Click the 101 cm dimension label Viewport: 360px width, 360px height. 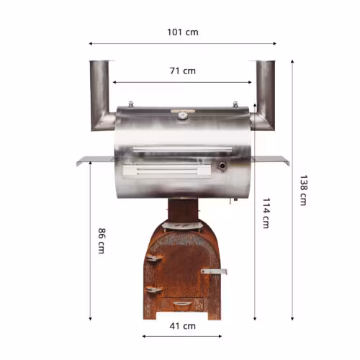pyautogui.click(x=183, y=32)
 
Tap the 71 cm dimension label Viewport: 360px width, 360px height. pyautogui.click(x=183, y=71)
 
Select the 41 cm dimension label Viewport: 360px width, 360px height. pyautogui.click(x=183, y=326)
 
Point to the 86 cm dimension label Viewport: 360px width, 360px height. pyautogui.click(x=102, y=240)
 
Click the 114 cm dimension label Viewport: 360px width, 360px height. pyautogui.click(x=266, y=213)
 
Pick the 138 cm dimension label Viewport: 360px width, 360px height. pyautogui.click(x=303, y=190)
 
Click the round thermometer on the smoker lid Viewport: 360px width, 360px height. pyautogui.click(x=183, y=116)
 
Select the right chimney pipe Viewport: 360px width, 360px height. pyautogui.click(x=265, y=96)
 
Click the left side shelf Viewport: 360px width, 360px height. pyautogui.click(x=95, y=160)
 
